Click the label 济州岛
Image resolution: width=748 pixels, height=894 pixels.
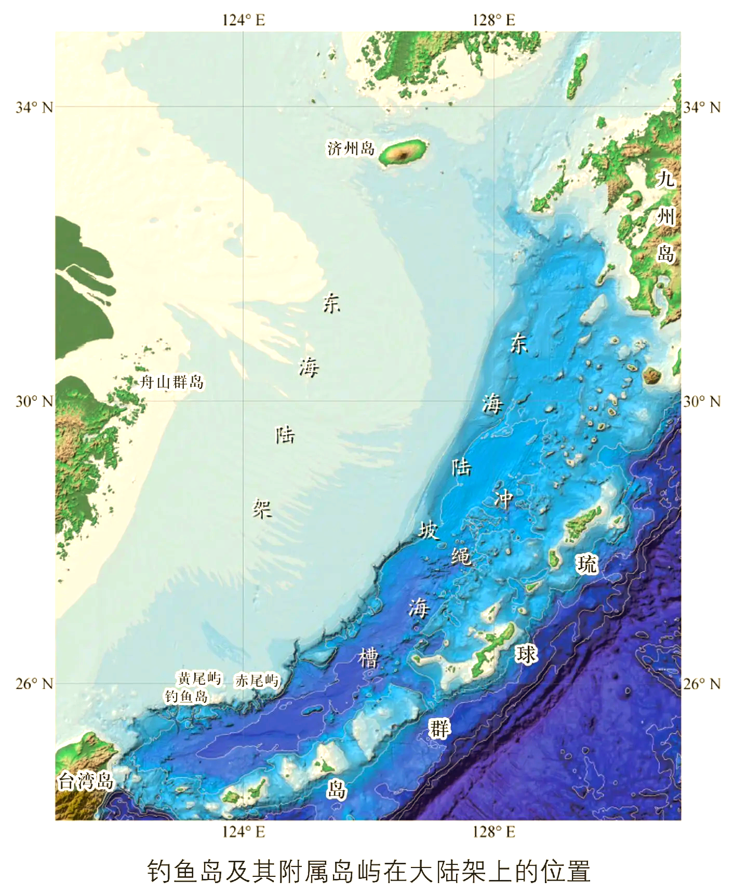pyautogui.click(x=351, y=149)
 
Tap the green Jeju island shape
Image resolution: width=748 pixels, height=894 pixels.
pyautogui.click(x=403, y=152)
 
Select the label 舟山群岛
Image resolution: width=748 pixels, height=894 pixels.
pyautogui.click(x=172, y=383)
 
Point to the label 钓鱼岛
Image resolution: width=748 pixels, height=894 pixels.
pyautogui.click(x=186, y=696)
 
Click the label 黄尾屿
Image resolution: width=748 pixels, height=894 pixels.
pyautogui.click(x=199, y=678)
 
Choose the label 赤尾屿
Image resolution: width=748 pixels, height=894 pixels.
pyautogui.click(x=257, y=680)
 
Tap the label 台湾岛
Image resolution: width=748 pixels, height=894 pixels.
pyautogui.click(x=86, y=781)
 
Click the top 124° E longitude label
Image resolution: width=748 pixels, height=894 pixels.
pyautogui.click(x=244, y=20)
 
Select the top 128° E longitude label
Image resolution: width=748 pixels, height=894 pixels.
pyautogui.click(x=493, y=20)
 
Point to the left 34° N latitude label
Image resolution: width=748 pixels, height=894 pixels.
pyautogui.click(x=34, y=107)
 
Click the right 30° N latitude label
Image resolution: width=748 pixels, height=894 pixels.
pyautogui.click(x=702, y=401)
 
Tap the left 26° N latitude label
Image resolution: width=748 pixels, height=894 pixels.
pyautogui.click(x=34, y=684)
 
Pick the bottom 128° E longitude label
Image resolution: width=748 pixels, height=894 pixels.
pyautogui.click(x=493, y=832)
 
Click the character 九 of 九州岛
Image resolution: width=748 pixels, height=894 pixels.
pyautogui.click(x=665, y=179)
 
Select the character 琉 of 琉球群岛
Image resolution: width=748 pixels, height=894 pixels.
pyautogui.click(x=587, y=564)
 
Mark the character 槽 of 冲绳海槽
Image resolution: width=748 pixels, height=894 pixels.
pyautogui.click(x=369, y=658)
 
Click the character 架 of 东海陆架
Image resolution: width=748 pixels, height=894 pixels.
pyautogui.click(x=262, y=508)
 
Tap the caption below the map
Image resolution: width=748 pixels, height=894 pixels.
pyautogui.click(x=369, y=871)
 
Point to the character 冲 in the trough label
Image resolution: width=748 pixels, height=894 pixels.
pyautogui.click(x=503, y=499)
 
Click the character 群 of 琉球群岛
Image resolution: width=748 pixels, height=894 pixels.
pyautogui.click(x=439, y=728)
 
